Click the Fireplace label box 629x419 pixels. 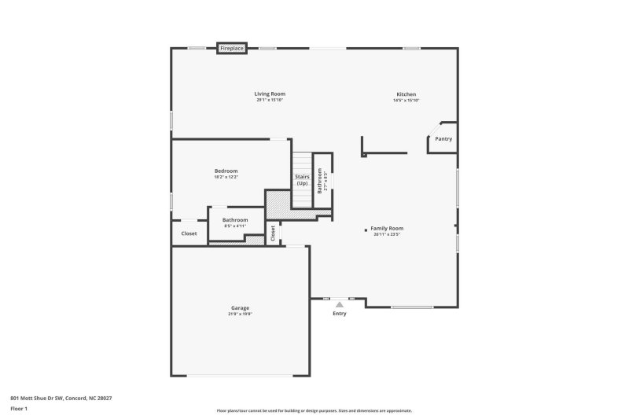[232, 48]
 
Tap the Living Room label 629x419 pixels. [269, 94]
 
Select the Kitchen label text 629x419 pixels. [406, 94]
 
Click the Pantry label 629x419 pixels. [443, 138]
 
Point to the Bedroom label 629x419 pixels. [226, 171]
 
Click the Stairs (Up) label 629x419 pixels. [302, 180]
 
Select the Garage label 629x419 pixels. [240, 308]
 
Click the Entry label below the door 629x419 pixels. [339, 314]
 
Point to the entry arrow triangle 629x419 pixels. [339, 303]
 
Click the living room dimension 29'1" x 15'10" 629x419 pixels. [269, 101]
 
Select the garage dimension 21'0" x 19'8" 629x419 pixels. [240, 314]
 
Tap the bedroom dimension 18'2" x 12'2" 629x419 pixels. [226, 177]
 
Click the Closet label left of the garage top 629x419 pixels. [189, 233]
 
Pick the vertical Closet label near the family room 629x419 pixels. [273, 233]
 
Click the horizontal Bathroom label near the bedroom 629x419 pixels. [235, 220]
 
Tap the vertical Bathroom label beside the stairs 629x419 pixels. [320, 183]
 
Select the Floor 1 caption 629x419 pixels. [20, 409]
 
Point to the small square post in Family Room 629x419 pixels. [366, 230]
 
